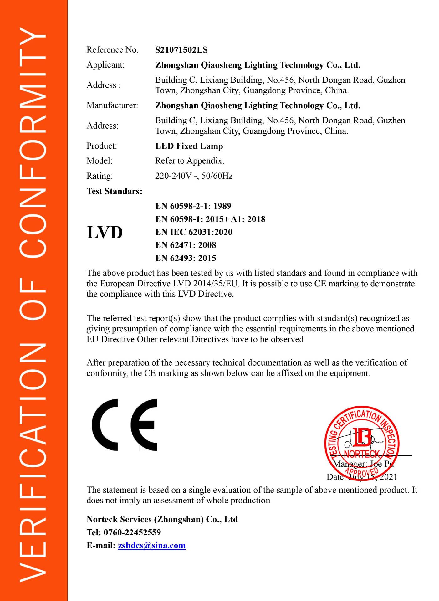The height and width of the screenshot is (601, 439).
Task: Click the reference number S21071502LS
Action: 181,50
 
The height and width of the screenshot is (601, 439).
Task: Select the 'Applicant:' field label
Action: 105,65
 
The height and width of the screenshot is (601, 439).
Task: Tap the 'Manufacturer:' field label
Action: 112,105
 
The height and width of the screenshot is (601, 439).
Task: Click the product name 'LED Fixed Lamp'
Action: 189,146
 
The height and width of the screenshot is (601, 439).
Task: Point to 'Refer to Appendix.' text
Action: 190,161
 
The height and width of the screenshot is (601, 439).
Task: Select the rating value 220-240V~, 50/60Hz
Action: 194,176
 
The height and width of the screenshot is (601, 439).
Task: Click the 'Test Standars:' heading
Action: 115,191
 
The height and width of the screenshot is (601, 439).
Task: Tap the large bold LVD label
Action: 105,232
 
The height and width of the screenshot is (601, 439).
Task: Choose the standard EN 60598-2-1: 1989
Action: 193,206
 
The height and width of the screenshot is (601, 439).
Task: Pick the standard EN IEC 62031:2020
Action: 194,232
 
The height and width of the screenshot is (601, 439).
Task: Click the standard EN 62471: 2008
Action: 186,245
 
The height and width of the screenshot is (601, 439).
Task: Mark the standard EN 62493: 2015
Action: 186,258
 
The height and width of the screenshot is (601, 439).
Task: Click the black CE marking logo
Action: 125,425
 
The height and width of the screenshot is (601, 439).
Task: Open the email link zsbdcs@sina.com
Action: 152,546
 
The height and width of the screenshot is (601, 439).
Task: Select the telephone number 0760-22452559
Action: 132,532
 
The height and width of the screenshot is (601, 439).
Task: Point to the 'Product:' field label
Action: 102,146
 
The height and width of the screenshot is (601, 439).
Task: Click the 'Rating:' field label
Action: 100,176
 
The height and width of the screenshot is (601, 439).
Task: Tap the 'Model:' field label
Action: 100,161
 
